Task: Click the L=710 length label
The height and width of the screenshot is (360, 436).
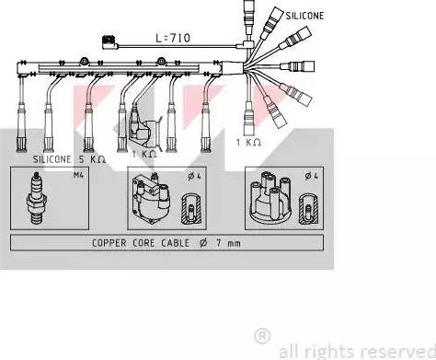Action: [173, 38]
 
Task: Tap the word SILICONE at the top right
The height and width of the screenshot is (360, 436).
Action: [304, 16]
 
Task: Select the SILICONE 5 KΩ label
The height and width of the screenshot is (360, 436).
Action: [69, 159]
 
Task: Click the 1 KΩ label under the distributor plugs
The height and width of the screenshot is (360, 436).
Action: [248, 143]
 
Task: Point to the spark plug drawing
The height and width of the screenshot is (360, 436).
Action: [36, 198]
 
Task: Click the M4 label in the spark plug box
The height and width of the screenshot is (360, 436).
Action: [78, 175]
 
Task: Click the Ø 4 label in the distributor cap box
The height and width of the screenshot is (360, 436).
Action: [312, 176]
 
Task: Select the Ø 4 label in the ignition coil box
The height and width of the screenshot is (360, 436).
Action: [195, 176]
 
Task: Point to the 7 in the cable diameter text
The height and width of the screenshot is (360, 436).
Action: [219, 243]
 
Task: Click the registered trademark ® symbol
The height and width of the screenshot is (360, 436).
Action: [262, 336]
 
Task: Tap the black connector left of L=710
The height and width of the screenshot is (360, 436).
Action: [109, 42]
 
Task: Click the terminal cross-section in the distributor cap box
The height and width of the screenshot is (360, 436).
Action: [309, 208]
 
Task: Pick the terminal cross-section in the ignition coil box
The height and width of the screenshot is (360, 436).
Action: [191, 208]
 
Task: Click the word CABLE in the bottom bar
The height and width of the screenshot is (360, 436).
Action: [176, 243]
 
